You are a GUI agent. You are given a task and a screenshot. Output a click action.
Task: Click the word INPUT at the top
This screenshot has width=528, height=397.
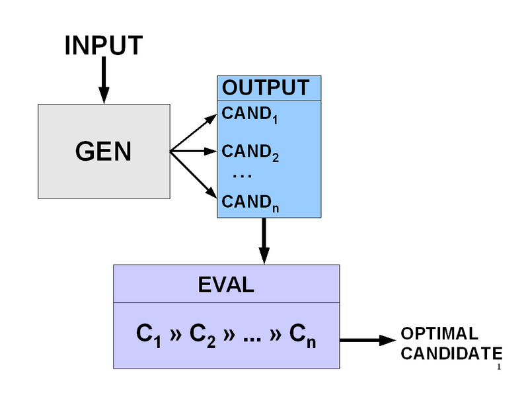click(104, 46)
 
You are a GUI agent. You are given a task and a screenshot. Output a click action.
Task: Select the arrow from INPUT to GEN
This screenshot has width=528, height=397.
click(104, 81)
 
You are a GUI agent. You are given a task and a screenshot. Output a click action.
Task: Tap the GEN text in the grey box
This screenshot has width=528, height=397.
click(104, 152)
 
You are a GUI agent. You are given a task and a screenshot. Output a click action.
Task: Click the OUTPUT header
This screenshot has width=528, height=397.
click(266, 88)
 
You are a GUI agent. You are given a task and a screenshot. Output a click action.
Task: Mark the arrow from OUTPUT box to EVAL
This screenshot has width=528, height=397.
click(264, 241)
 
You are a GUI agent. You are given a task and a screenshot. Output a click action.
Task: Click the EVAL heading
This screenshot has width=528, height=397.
click(226, 285)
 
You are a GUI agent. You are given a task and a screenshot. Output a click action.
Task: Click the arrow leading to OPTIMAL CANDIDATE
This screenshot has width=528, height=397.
click(367, 340)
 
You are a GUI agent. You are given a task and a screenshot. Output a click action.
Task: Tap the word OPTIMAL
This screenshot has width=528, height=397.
click(439, 333)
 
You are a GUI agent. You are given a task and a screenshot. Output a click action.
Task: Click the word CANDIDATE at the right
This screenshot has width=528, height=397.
click(451, 353)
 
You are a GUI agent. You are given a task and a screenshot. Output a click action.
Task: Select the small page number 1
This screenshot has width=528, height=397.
click(499, 367)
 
